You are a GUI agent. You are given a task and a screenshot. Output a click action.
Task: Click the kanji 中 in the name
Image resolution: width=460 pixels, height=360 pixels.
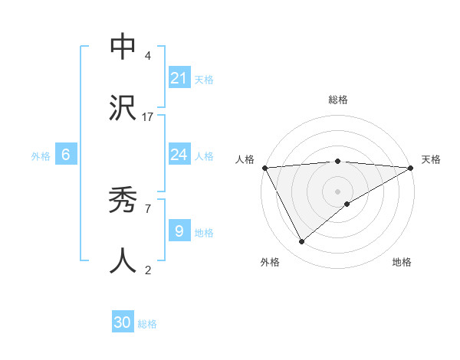123,47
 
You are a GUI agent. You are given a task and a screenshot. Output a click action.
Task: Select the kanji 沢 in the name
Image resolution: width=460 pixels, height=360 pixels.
123,107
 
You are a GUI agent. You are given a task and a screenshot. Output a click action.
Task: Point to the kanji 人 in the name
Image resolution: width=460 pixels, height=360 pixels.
123,261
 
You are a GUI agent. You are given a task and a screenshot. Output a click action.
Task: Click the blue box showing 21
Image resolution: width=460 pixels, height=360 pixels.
179,78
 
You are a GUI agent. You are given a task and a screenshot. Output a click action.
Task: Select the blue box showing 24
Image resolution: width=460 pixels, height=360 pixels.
179,155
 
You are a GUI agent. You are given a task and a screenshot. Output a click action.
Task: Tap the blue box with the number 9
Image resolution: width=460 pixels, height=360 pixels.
179,231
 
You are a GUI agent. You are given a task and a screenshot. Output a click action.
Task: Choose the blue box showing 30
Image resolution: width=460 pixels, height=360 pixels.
123,323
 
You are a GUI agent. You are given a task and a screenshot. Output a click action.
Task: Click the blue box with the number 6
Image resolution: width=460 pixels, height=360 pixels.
66,155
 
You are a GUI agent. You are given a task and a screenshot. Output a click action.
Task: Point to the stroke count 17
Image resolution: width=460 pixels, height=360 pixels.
148,116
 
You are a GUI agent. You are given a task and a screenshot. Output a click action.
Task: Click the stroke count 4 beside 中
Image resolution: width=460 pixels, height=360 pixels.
148,56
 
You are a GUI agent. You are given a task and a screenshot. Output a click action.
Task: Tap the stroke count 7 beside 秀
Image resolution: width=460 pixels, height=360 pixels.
148,208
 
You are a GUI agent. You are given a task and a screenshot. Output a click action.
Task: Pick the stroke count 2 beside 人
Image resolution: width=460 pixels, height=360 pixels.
148,270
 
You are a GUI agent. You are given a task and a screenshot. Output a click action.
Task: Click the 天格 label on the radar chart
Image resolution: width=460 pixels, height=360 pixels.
431,159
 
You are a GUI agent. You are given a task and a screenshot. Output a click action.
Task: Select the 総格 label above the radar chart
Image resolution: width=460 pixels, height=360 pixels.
337,100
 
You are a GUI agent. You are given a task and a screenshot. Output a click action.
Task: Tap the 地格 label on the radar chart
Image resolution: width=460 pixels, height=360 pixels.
402,262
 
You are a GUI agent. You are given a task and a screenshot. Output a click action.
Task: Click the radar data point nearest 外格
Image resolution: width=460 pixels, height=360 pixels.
301,241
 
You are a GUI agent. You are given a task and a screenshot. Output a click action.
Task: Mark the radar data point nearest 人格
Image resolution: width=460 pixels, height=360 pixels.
264,168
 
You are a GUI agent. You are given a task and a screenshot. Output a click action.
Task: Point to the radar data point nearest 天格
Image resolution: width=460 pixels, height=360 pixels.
411,168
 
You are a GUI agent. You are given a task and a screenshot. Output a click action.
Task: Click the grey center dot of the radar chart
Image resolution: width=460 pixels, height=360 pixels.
337,191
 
